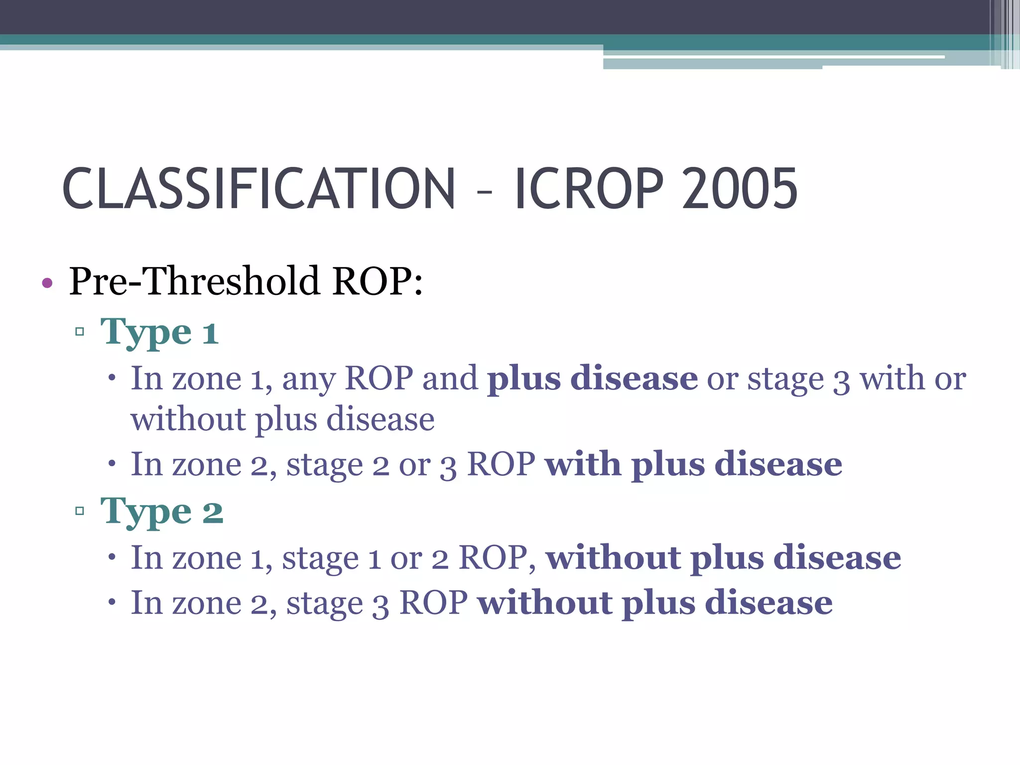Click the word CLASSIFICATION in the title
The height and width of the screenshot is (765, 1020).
[x=258, y=189]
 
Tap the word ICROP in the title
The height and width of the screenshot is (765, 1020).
[x=590, y=189]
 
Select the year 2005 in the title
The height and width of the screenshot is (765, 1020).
[x=740, y=189]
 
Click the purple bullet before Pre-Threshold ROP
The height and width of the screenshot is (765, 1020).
[x=47, y=283]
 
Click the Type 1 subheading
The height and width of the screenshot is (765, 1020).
[x=159, y=332]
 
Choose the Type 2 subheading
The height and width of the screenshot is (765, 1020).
[x=162, y=511]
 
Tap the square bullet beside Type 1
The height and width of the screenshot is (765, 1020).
[x=80, y=332]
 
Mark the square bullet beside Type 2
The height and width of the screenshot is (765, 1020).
[x=80, y=510]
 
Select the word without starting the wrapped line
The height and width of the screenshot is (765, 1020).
[x=188, y=419]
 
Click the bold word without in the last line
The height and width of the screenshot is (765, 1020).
[x=545, y=603]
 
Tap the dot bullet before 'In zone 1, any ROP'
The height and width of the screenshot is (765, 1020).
[x=112, y=378]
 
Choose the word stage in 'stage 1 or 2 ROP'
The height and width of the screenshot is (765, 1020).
[x=320, y=559]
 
